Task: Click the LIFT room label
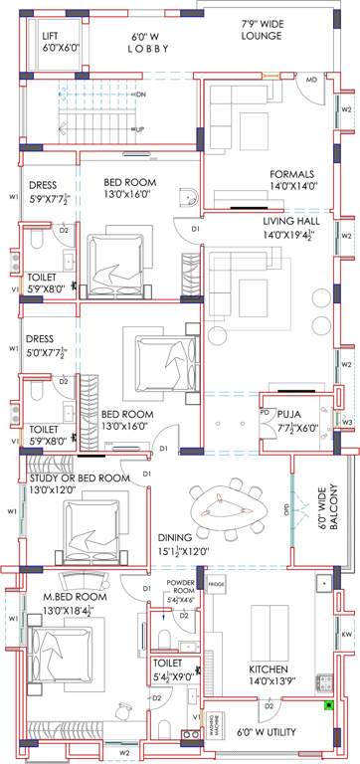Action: pos(54,35)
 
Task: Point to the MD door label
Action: pos(311,79)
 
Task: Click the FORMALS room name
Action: pos(290,173)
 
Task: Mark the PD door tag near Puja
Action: pos(265,412)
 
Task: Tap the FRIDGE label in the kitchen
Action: pos(218,585)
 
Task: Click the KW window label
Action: pos(346,633)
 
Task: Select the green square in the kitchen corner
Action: pos(327,707)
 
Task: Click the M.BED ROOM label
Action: pos(75,597)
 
